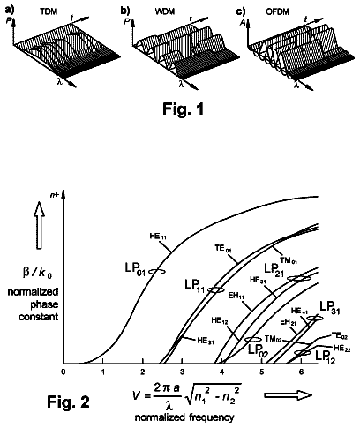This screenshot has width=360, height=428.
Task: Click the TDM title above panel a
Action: pos(49,11)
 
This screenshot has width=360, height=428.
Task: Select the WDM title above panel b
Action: pos(165,11)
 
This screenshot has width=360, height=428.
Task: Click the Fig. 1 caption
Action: pos(184,109)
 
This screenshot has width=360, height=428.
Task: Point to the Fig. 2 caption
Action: pos(68,402)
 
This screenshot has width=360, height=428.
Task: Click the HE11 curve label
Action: pos(159,237)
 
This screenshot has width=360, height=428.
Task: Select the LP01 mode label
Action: pos(135,270)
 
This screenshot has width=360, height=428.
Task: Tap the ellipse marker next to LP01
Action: pos(156,272)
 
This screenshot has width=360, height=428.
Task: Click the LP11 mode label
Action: pos(195,286)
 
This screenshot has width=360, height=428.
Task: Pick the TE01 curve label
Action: pos(222,249)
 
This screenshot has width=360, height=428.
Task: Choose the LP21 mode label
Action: pos(274,270)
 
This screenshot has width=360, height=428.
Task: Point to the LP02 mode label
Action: pos(259,350)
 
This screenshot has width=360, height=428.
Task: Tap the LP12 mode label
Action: pos(326,357)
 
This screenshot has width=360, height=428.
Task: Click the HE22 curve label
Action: pos(341,349)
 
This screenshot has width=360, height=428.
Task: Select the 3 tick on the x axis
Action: pos(182,372)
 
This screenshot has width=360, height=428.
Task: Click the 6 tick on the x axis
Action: pos(301,372)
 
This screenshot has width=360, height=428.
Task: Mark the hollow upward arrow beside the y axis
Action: pos(39,226)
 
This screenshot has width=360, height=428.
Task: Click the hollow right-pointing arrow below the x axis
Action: pos(288,395)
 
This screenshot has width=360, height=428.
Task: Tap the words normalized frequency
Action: pos(184,417)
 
